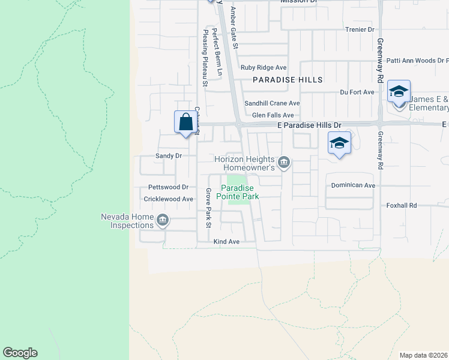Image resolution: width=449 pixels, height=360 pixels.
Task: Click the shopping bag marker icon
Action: pos(186,122)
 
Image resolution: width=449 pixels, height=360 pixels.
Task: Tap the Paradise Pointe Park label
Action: pos(238,192)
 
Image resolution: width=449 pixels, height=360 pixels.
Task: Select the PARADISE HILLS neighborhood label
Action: pos(288,80)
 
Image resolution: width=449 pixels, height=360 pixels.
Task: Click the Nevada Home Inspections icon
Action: pos(161,221)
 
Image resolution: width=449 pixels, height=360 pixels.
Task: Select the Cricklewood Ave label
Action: pos(168,199)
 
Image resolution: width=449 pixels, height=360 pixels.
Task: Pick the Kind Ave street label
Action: pos(226,242)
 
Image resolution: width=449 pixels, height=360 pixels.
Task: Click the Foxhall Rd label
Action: pos(402,205)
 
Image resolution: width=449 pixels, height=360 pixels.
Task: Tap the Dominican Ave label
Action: pos(353,186)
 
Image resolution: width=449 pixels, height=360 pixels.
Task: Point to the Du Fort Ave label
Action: pos(357,92)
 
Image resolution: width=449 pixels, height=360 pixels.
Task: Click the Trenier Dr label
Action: pos(360,29)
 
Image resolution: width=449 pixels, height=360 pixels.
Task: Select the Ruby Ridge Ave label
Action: pos(264,67)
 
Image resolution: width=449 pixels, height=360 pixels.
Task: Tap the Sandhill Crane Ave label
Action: pos(271,103)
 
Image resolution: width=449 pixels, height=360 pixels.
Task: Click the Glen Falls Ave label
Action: pos(273,115)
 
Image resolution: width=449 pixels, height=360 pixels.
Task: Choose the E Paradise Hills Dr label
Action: pos(309,125)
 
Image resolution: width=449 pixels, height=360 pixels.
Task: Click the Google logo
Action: pos(20,353)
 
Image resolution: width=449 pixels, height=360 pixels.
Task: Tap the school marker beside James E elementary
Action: pos(399,92)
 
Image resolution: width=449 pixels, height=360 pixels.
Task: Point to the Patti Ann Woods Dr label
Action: pos(417,61)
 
